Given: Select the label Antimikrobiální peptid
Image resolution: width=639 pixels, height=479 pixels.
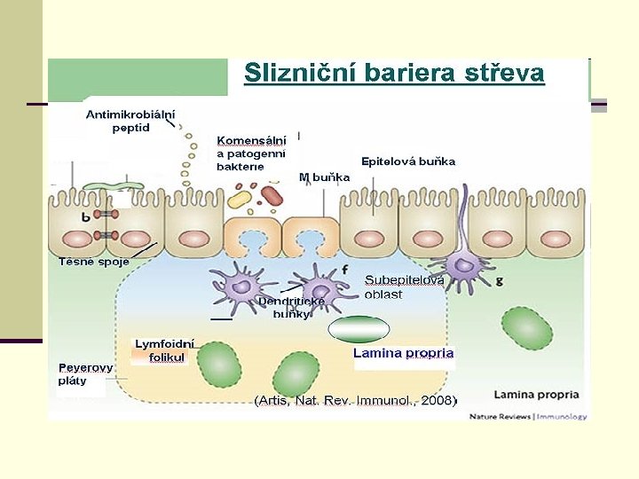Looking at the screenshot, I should click(130, 121).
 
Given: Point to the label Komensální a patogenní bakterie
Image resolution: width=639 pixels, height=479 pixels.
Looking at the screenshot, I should click(252, 153).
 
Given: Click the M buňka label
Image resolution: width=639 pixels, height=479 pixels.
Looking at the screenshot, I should click(324, 177).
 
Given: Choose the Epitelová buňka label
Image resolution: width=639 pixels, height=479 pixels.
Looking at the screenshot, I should click(407, 161).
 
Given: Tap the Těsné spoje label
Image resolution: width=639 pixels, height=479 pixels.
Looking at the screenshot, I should click(94, 262).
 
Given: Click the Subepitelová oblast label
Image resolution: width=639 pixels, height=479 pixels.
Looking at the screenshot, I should click(404, 287).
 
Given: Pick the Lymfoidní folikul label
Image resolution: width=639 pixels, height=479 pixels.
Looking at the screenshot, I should click(164, 351).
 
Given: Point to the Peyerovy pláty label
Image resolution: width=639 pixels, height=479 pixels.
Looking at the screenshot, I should click(85, 373).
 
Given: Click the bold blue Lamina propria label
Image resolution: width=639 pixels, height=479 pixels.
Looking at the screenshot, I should click(403, 353).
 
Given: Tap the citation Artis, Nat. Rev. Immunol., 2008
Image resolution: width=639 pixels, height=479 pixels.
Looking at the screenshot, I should click(355, 401).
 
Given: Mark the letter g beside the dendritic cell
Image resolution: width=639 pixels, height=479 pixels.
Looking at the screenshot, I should click(499, 281).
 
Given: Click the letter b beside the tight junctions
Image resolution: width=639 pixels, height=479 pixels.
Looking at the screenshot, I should click(85, 216).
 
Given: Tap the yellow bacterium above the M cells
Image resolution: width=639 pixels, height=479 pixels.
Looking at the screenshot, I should click(238, 198).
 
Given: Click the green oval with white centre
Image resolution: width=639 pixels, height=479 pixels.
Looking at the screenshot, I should click(359, 329).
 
